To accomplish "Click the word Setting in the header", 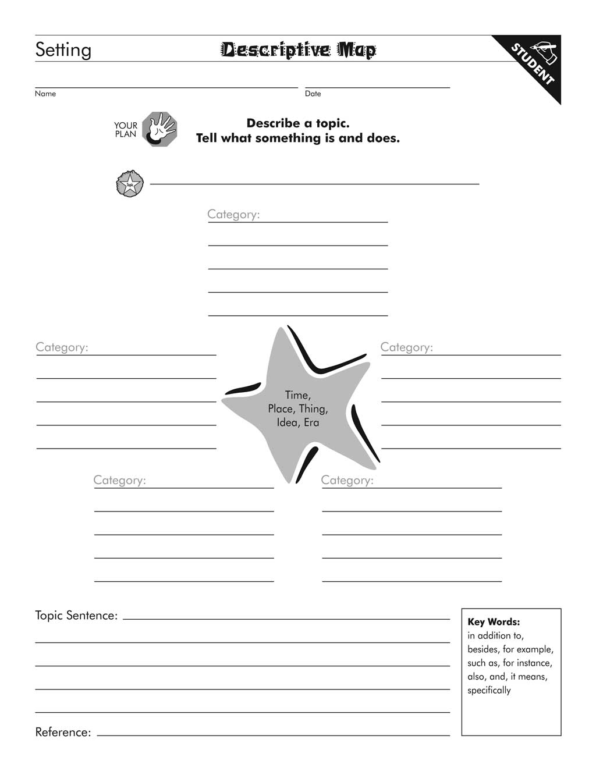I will [x=63, y=50].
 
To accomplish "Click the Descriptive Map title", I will [x=298, y=50].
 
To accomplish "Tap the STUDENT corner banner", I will [x=533, y=64].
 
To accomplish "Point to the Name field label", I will [x=45, y=94].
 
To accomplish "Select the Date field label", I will [x=313, y=94].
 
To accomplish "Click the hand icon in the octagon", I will [x=159, y=129].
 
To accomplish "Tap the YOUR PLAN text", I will [x=126, y=130].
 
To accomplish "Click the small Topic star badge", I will [x=129, y=184].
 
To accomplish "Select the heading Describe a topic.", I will [x=298, y=123].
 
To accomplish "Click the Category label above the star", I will [x=233, y=214].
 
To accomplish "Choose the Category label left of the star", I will [x=62, y=347].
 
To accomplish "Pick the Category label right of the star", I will [x=407, y=347].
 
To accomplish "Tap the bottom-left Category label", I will [x=119, y=480].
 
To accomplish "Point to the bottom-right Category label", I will [x=347, y=480].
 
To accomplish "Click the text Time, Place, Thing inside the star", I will [x=298, y=402].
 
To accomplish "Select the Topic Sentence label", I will [x=76, y=616].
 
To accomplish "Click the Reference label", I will [x=63, y=732].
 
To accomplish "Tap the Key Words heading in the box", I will [x=494, y=622].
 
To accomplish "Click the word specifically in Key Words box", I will [x=489, y=690].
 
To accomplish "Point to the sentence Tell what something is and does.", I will [x=298, y=138].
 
